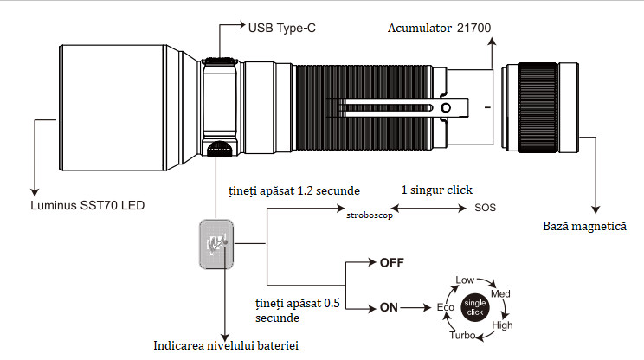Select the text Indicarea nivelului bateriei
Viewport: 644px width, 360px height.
225,346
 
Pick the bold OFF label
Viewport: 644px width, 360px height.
392,261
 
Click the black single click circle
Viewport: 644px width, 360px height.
474,308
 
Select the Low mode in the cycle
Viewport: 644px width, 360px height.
466,280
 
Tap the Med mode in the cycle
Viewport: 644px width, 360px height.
501,294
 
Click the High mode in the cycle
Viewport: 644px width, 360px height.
502,325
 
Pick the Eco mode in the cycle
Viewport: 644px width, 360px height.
445,308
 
